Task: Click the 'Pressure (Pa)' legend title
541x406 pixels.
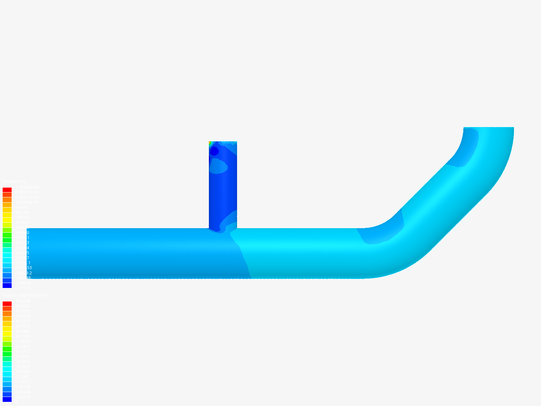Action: click(x=14, y=182)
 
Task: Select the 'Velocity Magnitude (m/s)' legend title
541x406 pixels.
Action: click(x=26, y=295)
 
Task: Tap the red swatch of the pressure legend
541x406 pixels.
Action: click(x=7, y=190)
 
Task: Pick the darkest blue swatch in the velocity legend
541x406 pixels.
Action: click(x=7, y=399)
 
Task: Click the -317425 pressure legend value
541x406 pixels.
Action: click(x=23, y=288)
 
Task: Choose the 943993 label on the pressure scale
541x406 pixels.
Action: click(x=22, y=208)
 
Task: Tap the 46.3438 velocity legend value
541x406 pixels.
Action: click(x=23, y=301)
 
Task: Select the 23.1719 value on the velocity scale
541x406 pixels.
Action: click(x=23, y=351)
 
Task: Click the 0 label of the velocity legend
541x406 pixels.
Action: click(x=16, y=402)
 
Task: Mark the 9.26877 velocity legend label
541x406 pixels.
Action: click(x=23, y=382)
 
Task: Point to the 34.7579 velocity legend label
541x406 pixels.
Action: click(x=23, y=326)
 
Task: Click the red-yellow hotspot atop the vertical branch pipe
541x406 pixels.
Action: click(x=210, y=143)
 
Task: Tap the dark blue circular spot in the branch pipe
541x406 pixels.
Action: click(x=214, y=151)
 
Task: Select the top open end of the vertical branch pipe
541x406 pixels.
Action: click(x=223, y=142)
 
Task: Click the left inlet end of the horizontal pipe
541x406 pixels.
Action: click(x=27, y=253)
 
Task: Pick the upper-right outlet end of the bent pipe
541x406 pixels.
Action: click(x=488, y=128)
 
